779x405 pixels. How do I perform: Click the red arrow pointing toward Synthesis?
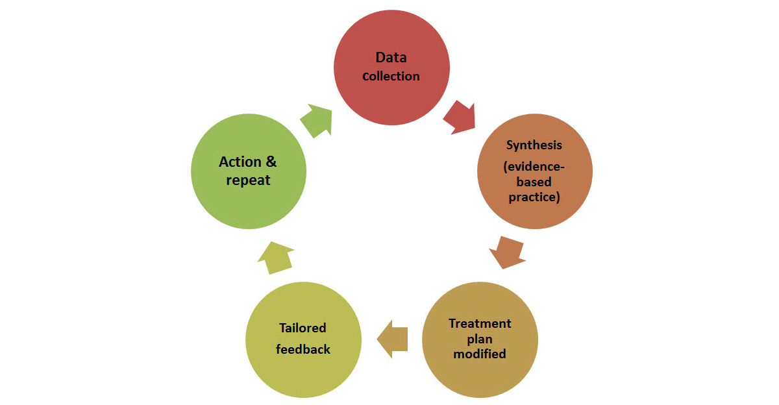coord(460,117)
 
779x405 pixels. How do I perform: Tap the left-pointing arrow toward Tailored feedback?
coord(392,339)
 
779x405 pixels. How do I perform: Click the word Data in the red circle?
coord(391,58)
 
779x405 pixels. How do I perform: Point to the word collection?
coord(391,77)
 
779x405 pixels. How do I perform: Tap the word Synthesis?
coord(534,145)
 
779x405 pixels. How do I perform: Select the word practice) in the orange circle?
coord(534,197)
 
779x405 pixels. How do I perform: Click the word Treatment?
coord(480,323)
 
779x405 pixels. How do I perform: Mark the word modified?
coord(480,354)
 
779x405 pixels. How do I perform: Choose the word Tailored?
coord(303,328)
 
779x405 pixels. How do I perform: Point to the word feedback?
coord(303,349)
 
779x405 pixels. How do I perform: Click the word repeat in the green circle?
coord(248,180)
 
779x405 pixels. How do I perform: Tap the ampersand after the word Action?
coord(271,162)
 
